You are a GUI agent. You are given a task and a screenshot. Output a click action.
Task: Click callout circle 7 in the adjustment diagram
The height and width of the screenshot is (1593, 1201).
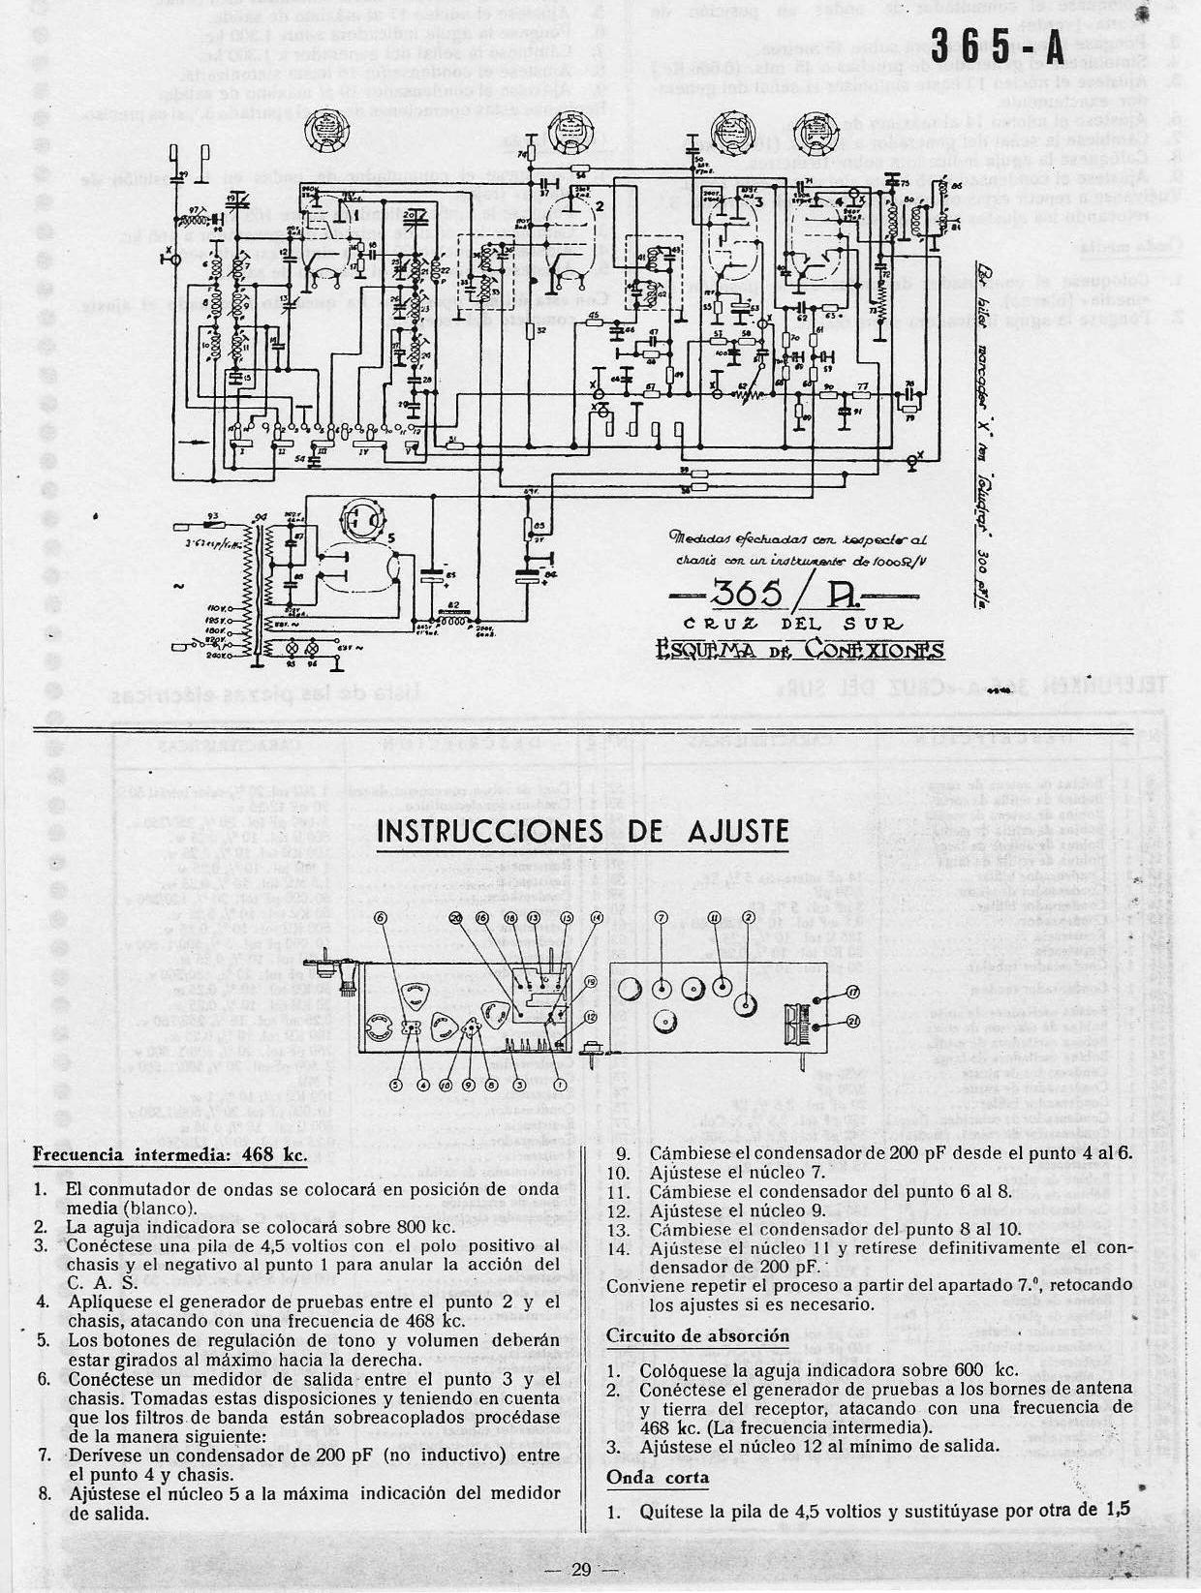(661, 917)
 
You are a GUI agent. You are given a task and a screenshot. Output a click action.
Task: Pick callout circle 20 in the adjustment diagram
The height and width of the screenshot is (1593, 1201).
(456, 917)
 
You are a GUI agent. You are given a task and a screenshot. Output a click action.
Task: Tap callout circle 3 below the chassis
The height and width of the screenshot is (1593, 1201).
(519, 1086)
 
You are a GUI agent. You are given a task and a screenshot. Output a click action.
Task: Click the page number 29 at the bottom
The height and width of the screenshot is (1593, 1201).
(580, 1570)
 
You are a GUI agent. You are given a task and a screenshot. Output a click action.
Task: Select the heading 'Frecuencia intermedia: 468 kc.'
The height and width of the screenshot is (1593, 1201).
(169, 1154)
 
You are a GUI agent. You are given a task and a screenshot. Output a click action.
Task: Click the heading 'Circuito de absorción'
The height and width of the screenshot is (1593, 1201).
(697, 1335)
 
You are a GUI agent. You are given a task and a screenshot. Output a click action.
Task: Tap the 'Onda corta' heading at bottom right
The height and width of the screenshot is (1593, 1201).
(658, 1477)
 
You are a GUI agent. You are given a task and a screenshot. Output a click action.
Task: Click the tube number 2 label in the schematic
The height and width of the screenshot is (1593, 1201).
(600, 205)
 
